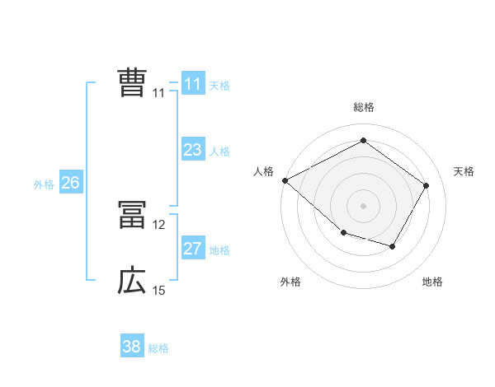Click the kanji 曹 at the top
(x=132, y=83)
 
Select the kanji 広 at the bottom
(x=132, y=282)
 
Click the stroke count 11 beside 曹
(x=158, y=93)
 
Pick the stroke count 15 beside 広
(x=159, y=291)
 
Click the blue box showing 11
(x=192, y=84)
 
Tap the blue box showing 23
(x=192, y=150)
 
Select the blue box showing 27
(x=192, y=249)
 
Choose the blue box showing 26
(x=70, y=183)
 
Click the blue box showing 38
(x=131, y=347)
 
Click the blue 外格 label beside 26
(x=44, y=184)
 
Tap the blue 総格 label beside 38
(x=158, y=348)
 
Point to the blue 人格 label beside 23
(x=219, y=152)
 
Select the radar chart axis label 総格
(x=363, y=107)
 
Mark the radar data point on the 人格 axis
(x=285, y=180)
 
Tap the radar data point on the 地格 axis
(x=393, y=246)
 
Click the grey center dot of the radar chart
(x=363, y=205)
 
